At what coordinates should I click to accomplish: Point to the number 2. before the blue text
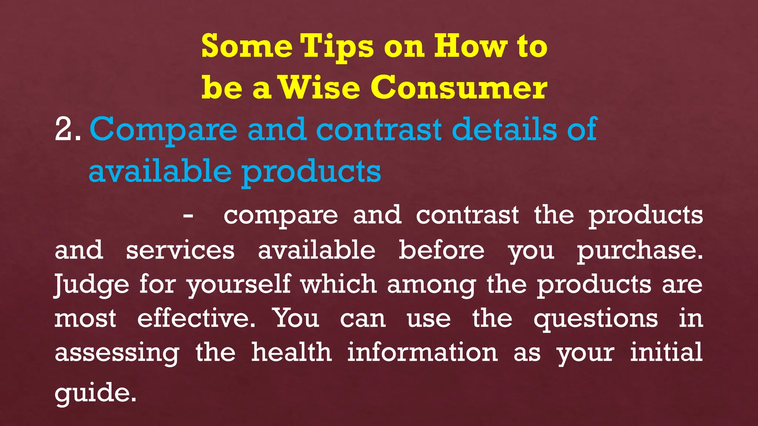[68, 130]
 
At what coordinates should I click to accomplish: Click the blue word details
[504, 129]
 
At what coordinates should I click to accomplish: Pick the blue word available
[160, 171]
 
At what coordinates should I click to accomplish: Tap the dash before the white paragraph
[188, 216]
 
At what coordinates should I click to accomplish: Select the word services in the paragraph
[180, 250]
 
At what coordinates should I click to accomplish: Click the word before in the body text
[441, 250]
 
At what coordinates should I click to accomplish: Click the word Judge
[92, 285]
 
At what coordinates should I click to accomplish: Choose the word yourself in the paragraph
[239, 285]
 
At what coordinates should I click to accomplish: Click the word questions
[596, 319]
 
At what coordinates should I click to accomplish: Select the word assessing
[117, 353]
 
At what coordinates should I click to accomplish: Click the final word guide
[95, 393]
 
